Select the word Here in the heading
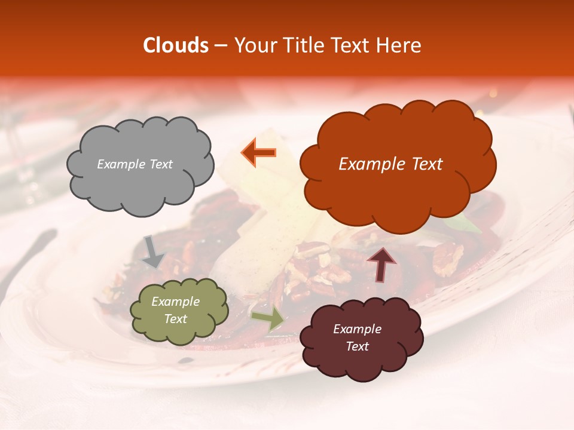[x=400, y=45]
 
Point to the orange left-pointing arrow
[x=259, y=153]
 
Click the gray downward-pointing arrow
[x=154, y=251]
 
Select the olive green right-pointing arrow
[x=268, y=319]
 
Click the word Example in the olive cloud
[x=176, y=302]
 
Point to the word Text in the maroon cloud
[x=357, y=346]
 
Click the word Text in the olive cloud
[x=176, y=319]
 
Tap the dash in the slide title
[x=221, y=45]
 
